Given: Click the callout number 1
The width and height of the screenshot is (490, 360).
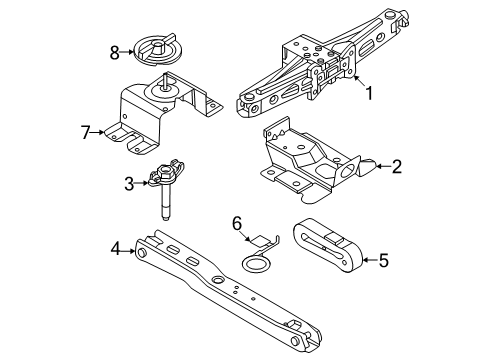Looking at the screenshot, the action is coord(369,93).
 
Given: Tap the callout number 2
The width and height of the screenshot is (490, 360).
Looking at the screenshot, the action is coord(397,167).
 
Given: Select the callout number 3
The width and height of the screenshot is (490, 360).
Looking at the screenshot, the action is coord(129,184).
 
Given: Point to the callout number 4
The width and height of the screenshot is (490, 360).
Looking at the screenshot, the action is coord(115,249).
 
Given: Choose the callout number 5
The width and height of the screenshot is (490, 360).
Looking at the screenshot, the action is coord(384,260).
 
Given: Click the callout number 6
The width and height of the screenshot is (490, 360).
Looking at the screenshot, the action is coord(237,224).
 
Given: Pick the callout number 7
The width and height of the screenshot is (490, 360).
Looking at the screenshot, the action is coord(86,132).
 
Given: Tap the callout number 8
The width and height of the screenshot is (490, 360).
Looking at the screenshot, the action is coord(115,53).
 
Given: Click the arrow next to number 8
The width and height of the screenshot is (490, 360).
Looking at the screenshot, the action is coord(127,52).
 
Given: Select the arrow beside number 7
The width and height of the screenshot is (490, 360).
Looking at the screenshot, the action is coord(98,132).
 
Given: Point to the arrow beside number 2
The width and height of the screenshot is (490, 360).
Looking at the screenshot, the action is coord(384,166).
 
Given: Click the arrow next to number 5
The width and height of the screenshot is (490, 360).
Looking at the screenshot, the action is coord(370,260).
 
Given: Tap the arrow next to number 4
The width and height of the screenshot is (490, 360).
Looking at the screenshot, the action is coord(128,250).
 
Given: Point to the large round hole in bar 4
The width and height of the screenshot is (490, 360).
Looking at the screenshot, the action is coord(219,280).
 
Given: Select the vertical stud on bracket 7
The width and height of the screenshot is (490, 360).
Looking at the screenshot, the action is coord(165,82).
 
